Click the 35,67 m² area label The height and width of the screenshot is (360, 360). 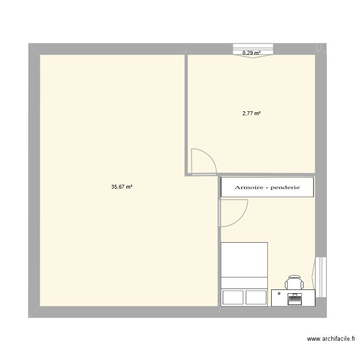[121, 187]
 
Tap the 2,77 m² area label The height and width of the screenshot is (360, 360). [251, 114]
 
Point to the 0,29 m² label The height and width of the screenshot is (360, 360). [252, 53]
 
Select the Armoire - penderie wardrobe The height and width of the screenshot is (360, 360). [267, 187]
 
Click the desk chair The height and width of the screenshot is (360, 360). [294, 283]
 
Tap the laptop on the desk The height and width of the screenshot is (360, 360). [294, 298]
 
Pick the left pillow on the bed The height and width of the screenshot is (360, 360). [232, 298]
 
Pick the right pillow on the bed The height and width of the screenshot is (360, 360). [256, 298]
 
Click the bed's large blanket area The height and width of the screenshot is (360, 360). [244, 260]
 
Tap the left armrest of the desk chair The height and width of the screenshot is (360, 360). [287, 284]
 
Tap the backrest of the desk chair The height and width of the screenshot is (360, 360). [294, 277]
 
